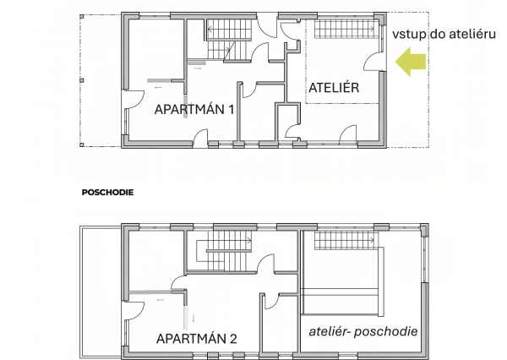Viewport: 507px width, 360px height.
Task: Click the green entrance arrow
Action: click(x=411, y=62)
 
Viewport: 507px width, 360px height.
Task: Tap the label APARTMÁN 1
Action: click(x=194, y=110)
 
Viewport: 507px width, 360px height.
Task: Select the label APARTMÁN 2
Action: click(x=197, y=339)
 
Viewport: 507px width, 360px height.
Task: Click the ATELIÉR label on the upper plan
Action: click(x=334, y=88)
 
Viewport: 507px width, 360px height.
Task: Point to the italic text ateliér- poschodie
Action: click(x=363, y=331)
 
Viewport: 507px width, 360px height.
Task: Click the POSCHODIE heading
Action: click(x=107, y=193)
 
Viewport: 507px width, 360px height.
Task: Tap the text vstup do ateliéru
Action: click(x=444, y=34)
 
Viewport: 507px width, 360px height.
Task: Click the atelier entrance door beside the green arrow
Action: click(x=372, y=62)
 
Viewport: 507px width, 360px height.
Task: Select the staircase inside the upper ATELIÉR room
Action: click(x=345, y=29)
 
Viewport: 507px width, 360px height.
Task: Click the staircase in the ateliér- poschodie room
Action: click(x=345, y=240)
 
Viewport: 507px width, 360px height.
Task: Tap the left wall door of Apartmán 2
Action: click(x=134, y=311)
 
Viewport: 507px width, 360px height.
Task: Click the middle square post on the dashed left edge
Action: click(x=82, y=80)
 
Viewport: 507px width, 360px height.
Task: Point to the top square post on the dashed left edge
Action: click(x=82, y=16)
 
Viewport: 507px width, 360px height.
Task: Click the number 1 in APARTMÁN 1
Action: click(x=232, y=110)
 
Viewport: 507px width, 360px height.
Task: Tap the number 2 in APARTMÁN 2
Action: click(x=233, y=339)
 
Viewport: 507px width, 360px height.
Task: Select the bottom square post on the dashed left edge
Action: click(x=82, y=145)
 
